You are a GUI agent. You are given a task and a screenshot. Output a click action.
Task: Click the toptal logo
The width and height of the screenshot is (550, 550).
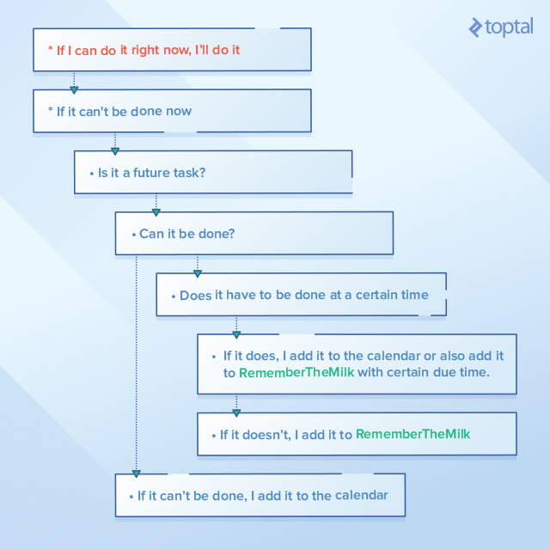pyautogui.click(x=501, y=27)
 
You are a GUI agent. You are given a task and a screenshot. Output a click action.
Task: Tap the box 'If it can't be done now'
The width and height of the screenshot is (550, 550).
pyautogui.click(x=172, y=111)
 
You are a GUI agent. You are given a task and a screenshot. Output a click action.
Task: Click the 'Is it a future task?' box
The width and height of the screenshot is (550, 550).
pyautogui.click(x=213, y=172)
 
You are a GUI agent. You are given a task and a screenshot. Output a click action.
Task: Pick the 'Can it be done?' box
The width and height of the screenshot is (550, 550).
pyautogui.click(x=254, y=233)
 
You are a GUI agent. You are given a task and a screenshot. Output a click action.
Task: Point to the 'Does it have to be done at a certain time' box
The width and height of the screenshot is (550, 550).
pyautogui.click(x=302, y=294)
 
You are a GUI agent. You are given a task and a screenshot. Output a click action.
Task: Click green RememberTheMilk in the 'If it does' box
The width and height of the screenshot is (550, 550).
pyautogui.click(x=296, y=372)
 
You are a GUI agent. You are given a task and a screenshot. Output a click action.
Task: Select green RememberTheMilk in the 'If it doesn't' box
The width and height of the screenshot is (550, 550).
pyautogui.click(x=412, y=434)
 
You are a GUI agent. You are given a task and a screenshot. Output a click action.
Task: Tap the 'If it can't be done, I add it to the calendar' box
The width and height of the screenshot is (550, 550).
pyautogui.click(x=260, y=495)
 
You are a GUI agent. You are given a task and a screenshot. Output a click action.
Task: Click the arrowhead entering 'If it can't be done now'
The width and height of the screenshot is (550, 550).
pyautogui.click(x=74, y=90)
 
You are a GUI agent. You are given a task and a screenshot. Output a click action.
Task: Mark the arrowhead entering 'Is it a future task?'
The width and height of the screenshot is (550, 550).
pyautogui.click(x=115, y=151)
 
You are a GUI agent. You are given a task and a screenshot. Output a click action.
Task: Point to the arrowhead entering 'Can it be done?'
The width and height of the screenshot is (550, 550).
pyautogui.click(x=156, y=212)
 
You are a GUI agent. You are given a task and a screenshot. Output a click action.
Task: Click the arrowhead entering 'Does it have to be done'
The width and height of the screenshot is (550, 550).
pyautogui.click(x=198, y=273)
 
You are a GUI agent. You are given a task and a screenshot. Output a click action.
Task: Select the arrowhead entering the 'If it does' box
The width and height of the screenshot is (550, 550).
pyautogui.click(x=236, y=334)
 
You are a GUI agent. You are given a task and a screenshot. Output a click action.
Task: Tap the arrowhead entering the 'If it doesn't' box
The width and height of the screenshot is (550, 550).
pyautogui.click(x=236, y=412)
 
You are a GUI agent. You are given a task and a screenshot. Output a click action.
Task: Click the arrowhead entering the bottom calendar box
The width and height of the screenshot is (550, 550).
pyautogui.click(x=137, y=474)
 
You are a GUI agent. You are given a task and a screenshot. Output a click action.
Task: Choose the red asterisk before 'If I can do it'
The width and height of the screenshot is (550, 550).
pyautogui.click(x=51, y=48)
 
